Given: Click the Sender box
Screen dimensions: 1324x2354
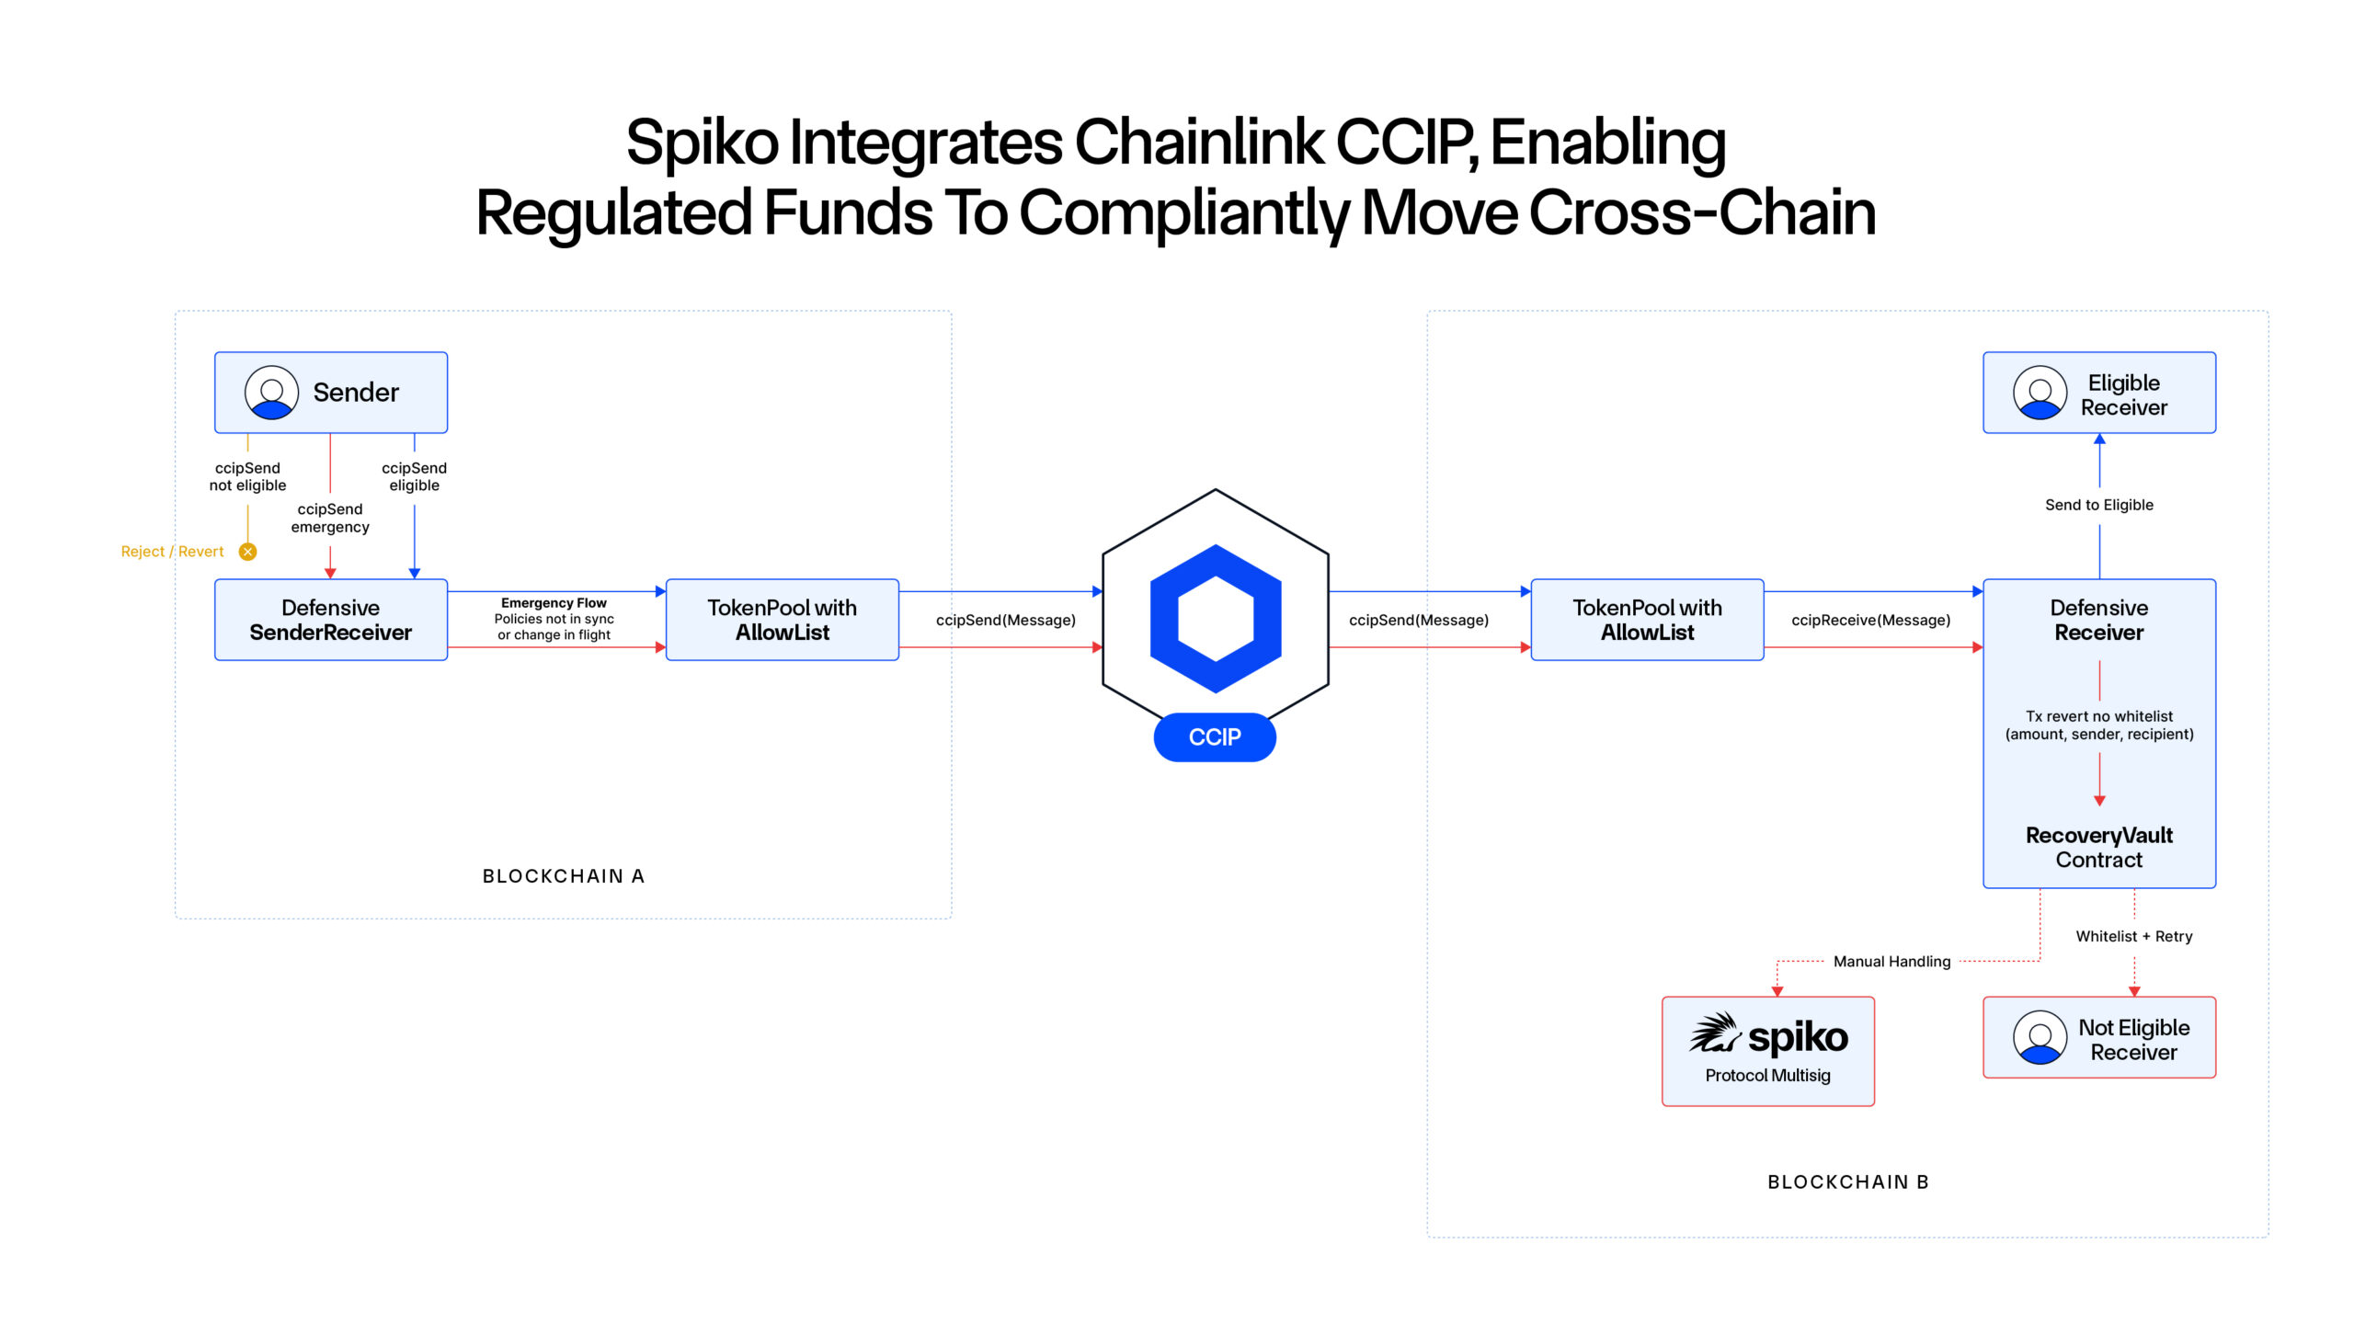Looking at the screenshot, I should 331,393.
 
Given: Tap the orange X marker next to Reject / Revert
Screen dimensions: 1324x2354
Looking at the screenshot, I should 247,552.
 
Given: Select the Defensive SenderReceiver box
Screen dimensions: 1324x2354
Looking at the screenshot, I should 331,620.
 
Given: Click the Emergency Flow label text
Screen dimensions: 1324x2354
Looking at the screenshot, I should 554,603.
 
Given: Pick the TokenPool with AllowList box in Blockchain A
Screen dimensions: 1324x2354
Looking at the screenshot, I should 782,620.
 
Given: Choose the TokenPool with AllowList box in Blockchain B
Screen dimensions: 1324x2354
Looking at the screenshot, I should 1647,620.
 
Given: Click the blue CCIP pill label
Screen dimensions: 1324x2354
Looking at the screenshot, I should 1215,737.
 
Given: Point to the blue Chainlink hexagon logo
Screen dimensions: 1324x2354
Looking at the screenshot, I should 1216,619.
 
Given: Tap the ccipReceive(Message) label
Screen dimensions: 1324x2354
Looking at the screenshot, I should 1870,621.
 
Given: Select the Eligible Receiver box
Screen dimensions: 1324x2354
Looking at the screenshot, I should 2099,393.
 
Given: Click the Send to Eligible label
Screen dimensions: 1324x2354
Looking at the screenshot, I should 2099,505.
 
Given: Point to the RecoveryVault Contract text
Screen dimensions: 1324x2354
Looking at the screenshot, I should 2099,847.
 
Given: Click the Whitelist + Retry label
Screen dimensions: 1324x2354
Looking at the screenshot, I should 2133,936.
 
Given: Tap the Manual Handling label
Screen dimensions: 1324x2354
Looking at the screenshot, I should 1891,962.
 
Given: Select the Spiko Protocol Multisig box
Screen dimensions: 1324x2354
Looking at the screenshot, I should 1767,1051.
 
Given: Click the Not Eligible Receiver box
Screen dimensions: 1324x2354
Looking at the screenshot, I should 2099,1038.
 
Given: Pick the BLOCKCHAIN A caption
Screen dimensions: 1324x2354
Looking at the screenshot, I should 564,876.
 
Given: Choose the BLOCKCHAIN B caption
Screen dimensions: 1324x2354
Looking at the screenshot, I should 1848,1182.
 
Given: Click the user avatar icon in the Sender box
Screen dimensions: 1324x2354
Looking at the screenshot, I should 271,393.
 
